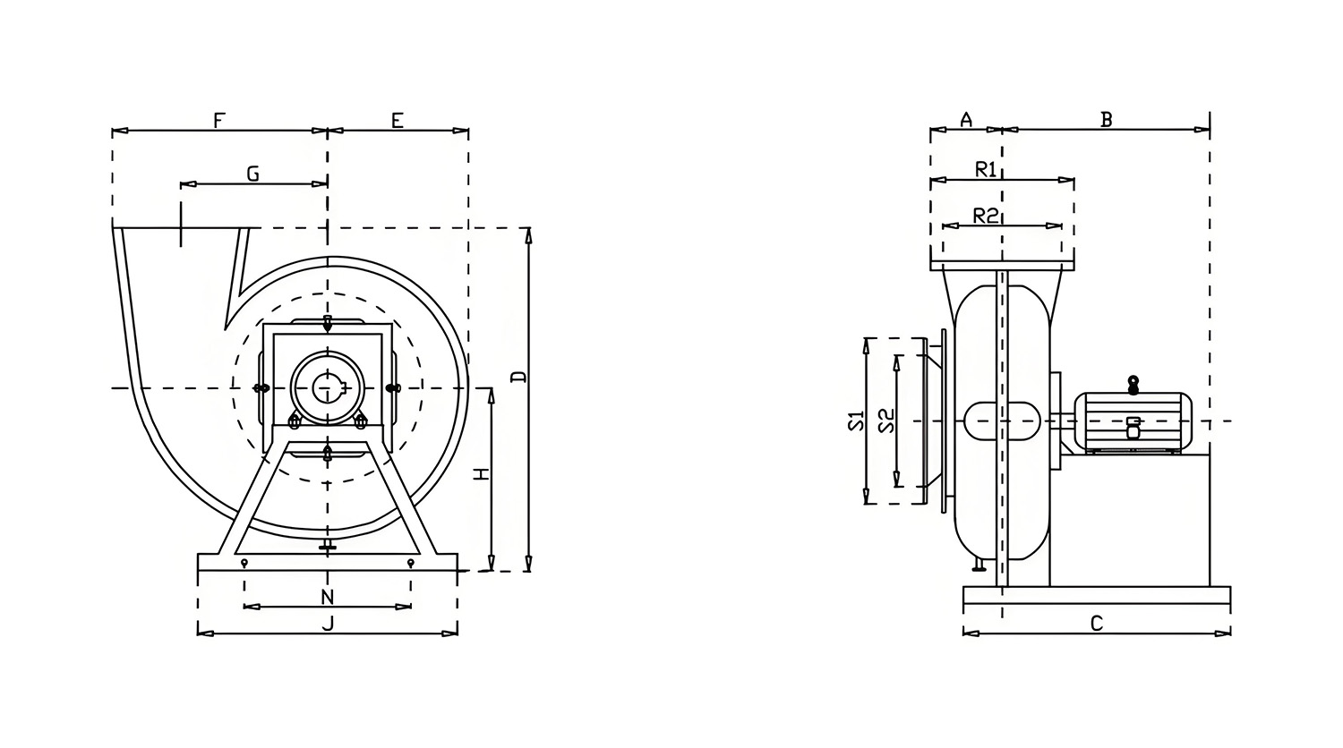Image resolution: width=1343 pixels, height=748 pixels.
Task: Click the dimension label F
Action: pyautogui.click(x=218, y=121)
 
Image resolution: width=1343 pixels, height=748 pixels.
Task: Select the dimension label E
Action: pyautogui.click(x=397, y=121)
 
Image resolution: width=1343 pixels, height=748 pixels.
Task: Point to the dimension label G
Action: pyautogui.click(x=253, y=174)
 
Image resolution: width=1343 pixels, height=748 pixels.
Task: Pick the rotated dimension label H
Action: pyautogui.click(x=483, y=473)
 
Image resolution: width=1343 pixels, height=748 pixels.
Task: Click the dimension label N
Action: pyautogui.click(x=327, y=597)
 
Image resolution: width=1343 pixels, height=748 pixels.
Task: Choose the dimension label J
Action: pyautogui.click(x=328, y=624)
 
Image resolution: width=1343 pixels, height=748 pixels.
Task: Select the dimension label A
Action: pyautogui.click(x=966, y=120)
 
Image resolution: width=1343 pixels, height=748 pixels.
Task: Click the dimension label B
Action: pyautogui.click(x=1107, y=120)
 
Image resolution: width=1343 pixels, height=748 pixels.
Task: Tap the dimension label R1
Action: pyautogui.click(x=986, y=170)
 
